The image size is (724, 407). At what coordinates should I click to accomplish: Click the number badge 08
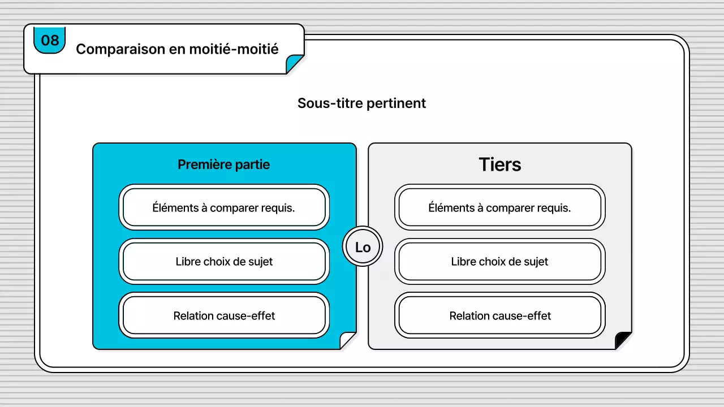click(50, 40)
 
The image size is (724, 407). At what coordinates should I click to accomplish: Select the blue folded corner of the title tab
click(295, 64)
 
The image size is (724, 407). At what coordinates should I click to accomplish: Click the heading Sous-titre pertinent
click(361, 103)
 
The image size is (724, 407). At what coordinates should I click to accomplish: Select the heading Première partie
click(224, 164)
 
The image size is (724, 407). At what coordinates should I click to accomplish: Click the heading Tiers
click(500, 164)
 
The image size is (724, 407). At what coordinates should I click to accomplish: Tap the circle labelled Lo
click(363, 248)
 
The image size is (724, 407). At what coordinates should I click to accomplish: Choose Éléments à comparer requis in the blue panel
click(224, 207)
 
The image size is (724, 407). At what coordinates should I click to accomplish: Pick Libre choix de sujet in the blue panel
click(224, 262)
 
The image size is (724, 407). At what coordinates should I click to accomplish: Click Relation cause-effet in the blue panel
click(224, 315)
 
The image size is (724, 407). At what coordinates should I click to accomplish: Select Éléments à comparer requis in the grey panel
click(500, 207)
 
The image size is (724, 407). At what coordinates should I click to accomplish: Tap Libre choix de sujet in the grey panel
click(500, 262)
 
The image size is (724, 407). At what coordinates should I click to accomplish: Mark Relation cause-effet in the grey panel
click(500, 315)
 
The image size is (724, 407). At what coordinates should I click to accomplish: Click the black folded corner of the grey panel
click(624, 341)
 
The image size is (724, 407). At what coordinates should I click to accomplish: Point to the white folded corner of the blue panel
click(348, 341)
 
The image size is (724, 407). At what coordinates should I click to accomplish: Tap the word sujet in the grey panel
click(535, 262)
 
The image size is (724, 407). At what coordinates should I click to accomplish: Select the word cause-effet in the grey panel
click(524, 315)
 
